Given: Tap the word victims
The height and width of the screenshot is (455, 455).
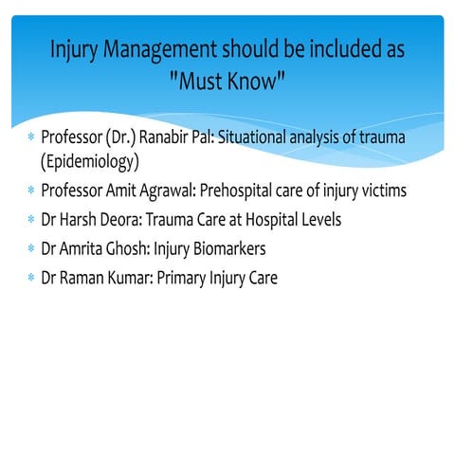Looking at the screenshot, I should click(380, 191).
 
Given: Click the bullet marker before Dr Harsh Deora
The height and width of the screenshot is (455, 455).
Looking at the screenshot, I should click(30, 220).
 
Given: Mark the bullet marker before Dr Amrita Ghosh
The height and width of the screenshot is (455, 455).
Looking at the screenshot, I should click(30, 249).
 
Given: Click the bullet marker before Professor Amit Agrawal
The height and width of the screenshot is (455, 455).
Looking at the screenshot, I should click(30, 191).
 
